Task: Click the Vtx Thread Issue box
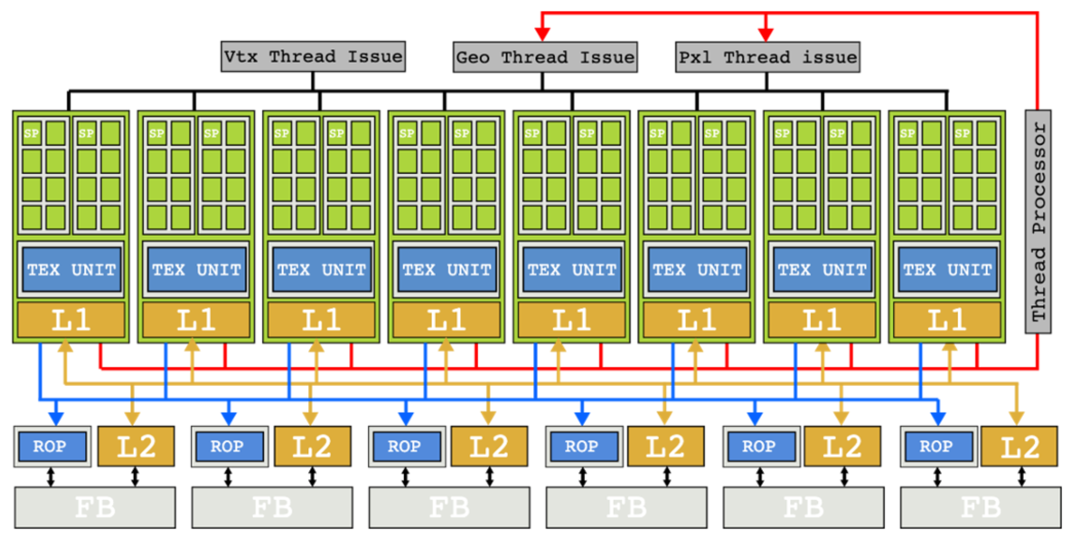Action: [x=313, y=56]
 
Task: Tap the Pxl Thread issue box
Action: [x=767, y=57]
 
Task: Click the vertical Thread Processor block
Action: [x=1038, y=221]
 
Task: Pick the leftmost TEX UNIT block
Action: [x=71, y=269]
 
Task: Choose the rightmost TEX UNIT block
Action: [x=947, y=269]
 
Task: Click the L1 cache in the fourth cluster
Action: [x=446, y=320]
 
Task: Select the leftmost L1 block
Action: [x=71, y=320]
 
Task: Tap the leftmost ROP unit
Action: [x=52, y=446]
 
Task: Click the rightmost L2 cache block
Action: [x=1019, y=446]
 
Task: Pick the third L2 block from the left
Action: [x=490, y=446]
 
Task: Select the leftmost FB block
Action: [x=95, y=507]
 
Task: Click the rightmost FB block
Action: [x=981, y=507]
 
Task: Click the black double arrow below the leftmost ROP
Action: [x=50, y=477]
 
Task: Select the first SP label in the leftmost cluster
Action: [x=32, y=133]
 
